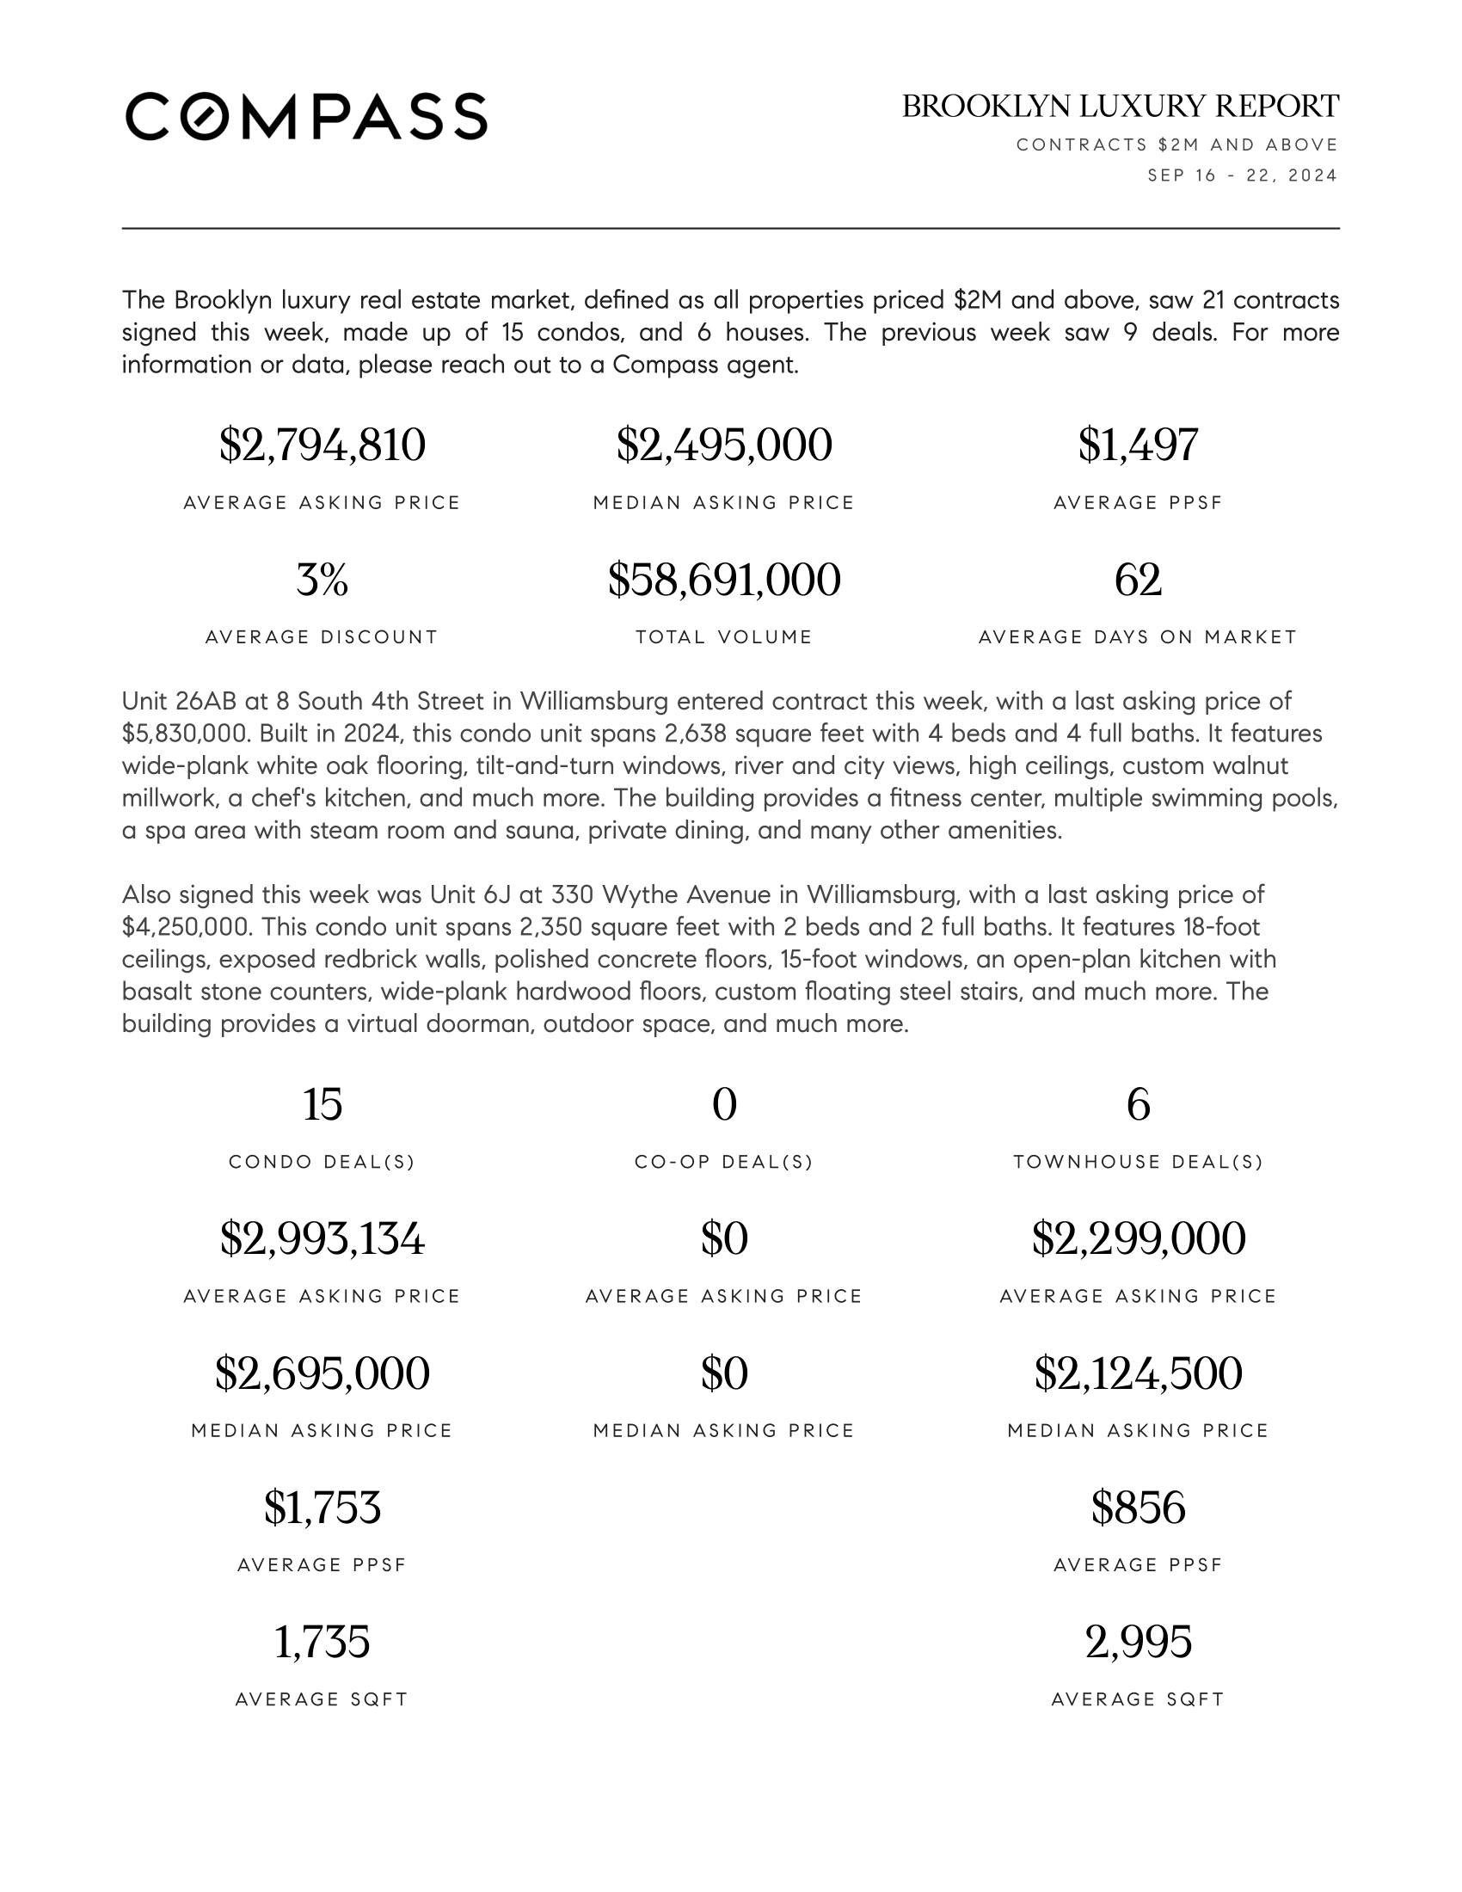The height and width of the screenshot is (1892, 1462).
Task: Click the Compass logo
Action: pyautogui.click(x=306, y=116)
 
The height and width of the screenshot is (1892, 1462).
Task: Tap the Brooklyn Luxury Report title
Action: pyautogui.click(x=1120, y=106)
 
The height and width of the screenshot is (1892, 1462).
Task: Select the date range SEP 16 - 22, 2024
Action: pyautogui.click(x=1242, y=175)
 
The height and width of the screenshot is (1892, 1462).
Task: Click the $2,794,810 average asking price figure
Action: pyautogui.click(x=322, y=445)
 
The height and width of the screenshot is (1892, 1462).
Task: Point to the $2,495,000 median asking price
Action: pyautogui.click(x=724, y=445)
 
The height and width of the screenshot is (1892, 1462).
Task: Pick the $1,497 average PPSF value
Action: pyautogui.click(x=1138, y=445)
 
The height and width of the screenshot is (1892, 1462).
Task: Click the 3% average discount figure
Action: pyautogui.click(x=322, y=580)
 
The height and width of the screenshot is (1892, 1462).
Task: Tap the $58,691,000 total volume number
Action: pyautogui.click(x=724, y=580)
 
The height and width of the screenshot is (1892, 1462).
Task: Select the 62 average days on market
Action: pyautogui.click(x=1138, y=580)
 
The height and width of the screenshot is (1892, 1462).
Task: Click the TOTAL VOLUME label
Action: pyautogui.click(x=724, y=637)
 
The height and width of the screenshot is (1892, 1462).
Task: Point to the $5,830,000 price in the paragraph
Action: pyautogui.click(x=184, y=734)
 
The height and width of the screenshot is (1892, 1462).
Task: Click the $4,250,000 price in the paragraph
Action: pyautogui.click(x=186, y=927)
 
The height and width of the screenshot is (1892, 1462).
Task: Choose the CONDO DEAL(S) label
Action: pyautogui.click(x=322, y=1162)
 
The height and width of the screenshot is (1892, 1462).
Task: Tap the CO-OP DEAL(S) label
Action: pyautogui.click(x=724, y=1162)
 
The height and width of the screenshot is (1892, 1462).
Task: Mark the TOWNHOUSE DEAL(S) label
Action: pyautogui.click(x=1138, y=1162)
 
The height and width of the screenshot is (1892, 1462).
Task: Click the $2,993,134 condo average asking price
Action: pyautogui.click(x=322, y=1238)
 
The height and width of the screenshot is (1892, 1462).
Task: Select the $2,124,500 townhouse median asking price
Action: pyautogui.click(x=1138, y=1373)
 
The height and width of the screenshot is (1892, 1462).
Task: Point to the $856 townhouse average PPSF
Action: pyautogui.click(x=1138, y=1508)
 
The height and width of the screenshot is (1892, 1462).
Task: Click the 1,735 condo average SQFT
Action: pyautogui.click(x=322, y=1642)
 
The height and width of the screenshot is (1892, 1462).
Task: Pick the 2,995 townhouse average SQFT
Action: pyautogui.click(x=1138, y=1642)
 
